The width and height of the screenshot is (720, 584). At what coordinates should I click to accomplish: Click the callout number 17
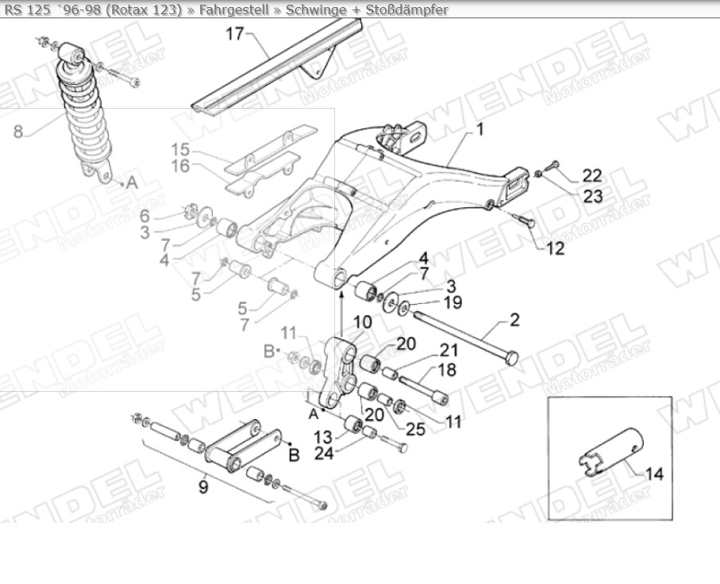point(234,34)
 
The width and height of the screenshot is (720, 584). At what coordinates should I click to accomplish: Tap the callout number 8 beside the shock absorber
point(18,132)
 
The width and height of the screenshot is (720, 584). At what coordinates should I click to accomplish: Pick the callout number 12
point(555,248)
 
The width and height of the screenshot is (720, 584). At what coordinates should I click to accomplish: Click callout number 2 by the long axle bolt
point(514,321)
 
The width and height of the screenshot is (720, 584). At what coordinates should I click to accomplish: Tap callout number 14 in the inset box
point(654,474)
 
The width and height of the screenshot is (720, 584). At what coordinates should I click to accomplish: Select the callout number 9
point(203,486)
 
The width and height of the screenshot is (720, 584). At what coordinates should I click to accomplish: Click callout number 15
point(180,149)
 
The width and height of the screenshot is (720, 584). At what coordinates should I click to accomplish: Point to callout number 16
point(180,166)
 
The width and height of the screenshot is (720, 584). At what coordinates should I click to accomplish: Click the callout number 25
point(415,429)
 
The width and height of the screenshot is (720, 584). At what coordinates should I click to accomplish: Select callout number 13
point(323,437)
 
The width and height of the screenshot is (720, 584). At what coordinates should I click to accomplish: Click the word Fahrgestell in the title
point(234,10)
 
